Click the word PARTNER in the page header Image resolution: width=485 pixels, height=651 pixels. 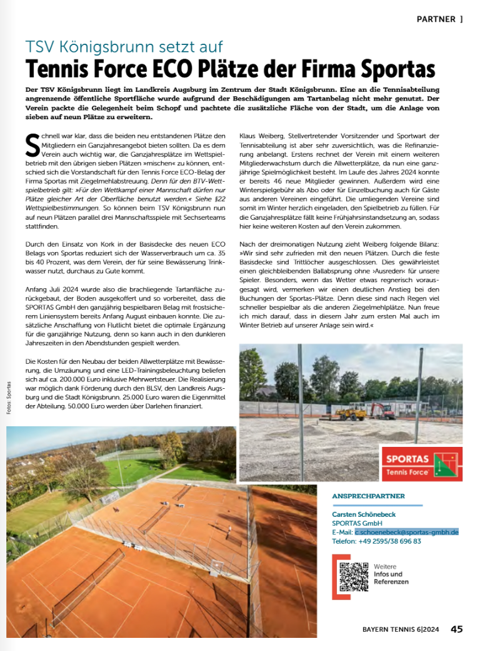click(436, 19)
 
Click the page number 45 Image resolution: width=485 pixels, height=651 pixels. click(457, 629)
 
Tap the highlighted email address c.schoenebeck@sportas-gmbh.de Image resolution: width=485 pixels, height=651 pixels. click(407, 532)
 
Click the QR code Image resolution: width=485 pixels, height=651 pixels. click(353, 576)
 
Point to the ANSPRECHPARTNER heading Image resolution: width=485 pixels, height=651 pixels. click(369, 496)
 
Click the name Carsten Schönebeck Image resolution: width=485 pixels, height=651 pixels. click(364, 514)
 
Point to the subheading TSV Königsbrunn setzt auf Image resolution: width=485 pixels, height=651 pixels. click(124, 47)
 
